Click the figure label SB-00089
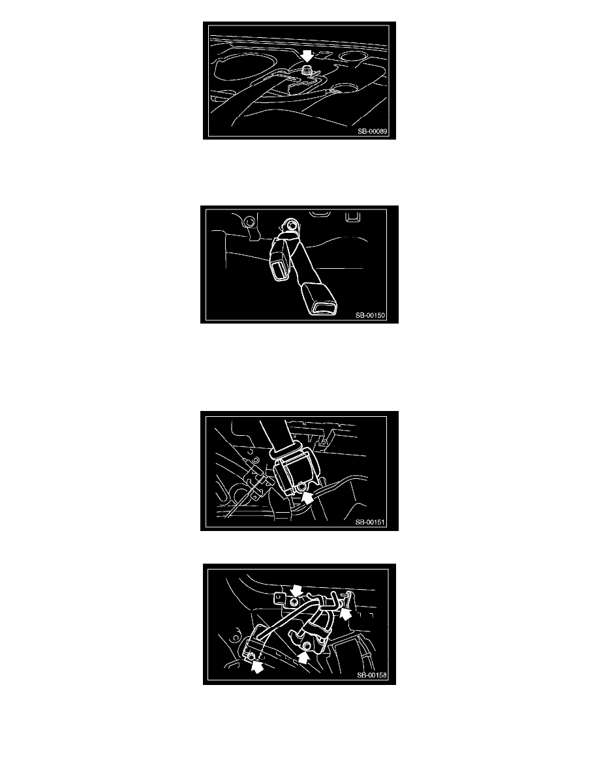[x=373, y=132]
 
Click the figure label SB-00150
[x=370, y=315]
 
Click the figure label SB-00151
[x=370, y=523]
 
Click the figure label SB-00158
[x=372, y=675]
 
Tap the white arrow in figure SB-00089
[x=307, y=55]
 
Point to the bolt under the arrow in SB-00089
[x=307, y=70]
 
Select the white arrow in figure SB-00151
[x=308, y=497]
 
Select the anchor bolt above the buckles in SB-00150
[x=290, y=226]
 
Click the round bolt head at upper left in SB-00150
[x=249, y=221]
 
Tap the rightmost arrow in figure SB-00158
[x=345, y=615]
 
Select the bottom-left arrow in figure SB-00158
[x=257, y=667]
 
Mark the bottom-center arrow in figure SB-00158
[x=303, y=657]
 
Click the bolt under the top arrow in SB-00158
[x=294, y=601]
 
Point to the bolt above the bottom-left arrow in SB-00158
[x=250, y=656]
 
